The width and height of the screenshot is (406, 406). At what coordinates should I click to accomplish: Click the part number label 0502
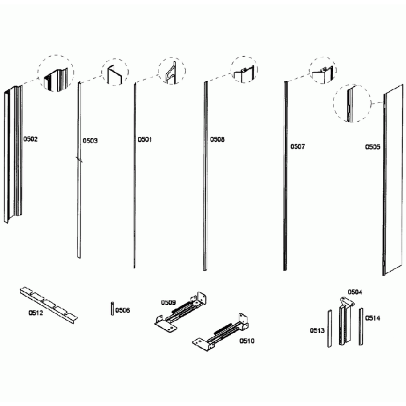pyautogui.click(x=31, y=139)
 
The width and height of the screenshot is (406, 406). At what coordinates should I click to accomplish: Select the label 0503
pyautogui.click(x=91, y=141)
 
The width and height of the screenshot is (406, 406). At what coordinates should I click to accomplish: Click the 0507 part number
pyautogui.click(x=298, y=147)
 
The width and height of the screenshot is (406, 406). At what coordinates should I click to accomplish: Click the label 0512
pyautogui.click(x=36, y=312)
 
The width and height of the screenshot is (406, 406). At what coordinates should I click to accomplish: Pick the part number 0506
pyautogui.click(x=122, y=310)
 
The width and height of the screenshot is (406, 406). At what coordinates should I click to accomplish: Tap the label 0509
pyautogui.click(x=169, y=302)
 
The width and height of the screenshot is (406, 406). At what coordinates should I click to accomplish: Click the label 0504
pyautogui.click(x=355, y=292)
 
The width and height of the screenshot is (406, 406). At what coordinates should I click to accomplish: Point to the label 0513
pyautogui.click(x=317, y=329)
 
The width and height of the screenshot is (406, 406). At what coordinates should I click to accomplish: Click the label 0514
pyautogui.click(x=373, y=318)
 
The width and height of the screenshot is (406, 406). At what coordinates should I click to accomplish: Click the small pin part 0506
pyautogui.click(x=111, y=309)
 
